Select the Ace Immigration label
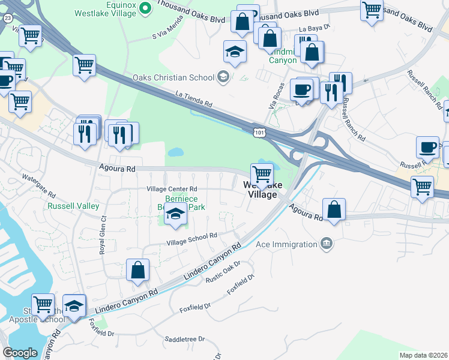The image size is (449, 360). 286,244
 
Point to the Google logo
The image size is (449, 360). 20,353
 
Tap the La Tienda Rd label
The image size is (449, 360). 194,98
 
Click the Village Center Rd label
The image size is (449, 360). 172,189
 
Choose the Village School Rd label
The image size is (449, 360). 191,239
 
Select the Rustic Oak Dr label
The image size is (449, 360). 223,272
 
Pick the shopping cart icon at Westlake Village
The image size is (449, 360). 262,174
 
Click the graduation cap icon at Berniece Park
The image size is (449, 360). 175,213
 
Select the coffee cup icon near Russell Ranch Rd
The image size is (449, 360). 428,148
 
